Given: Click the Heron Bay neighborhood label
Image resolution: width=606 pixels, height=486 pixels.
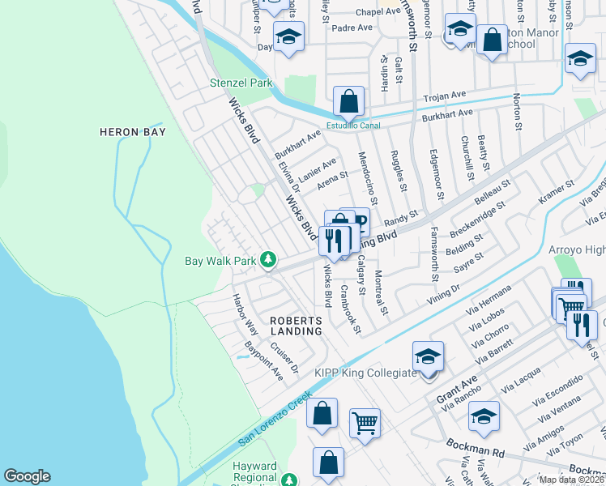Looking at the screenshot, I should point(132,132).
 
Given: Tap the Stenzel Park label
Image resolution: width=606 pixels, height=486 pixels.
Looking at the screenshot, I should point(241,83).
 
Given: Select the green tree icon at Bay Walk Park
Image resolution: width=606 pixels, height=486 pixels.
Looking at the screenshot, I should point(268,261).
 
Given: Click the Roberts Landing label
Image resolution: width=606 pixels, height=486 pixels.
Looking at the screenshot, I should point(296,327).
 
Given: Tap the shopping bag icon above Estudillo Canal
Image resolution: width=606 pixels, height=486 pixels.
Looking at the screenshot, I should point(348,102).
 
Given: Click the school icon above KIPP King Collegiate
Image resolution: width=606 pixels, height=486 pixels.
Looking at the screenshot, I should point(429,355).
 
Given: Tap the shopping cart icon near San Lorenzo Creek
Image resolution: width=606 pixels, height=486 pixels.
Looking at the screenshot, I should point(365,422).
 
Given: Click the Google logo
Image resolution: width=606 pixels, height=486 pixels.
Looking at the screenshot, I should point(27,476).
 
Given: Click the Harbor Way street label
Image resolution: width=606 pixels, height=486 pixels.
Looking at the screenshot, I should point(245,314).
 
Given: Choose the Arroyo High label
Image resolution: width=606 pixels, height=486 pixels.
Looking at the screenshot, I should point(576,248).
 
